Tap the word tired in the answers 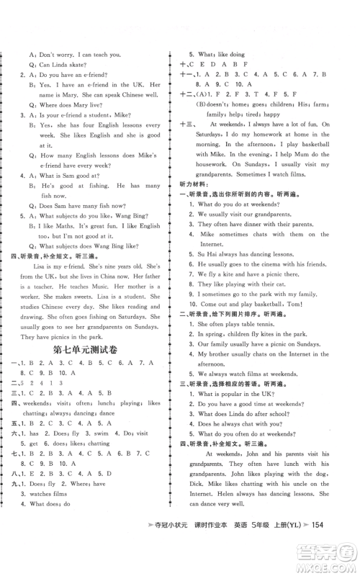258,112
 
